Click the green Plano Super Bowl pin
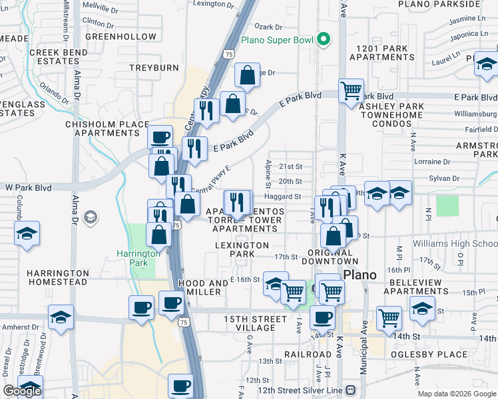(x=324, y=40)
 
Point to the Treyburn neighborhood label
(x=154, y=68)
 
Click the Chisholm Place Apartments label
(x=107, y=128)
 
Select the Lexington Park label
(x=243, y=249)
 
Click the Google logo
(x=22, y=391)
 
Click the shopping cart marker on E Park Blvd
(x=351, y=91)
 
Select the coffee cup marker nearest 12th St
(x=180, y=386)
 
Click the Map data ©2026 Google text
(x=456, y=394)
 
